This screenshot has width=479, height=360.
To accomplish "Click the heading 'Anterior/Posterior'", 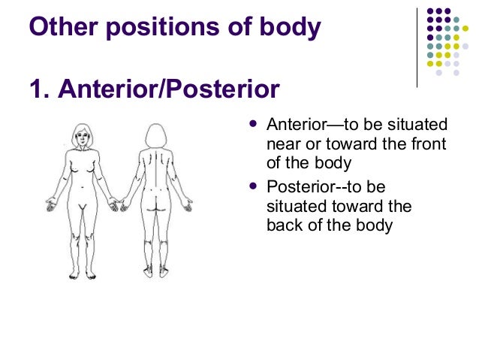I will pos(168,90).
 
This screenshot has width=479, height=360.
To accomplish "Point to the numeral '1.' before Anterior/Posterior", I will pos(39,90).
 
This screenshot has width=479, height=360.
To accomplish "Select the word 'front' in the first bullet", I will pos(425,144).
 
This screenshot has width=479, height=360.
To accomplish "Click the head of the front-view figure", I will pos(81,136).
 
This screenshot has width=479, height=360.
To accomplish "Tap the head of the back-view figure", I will pos(156,135).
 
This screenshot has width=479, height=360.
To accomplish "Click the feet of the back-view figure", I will pos(157,272).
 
